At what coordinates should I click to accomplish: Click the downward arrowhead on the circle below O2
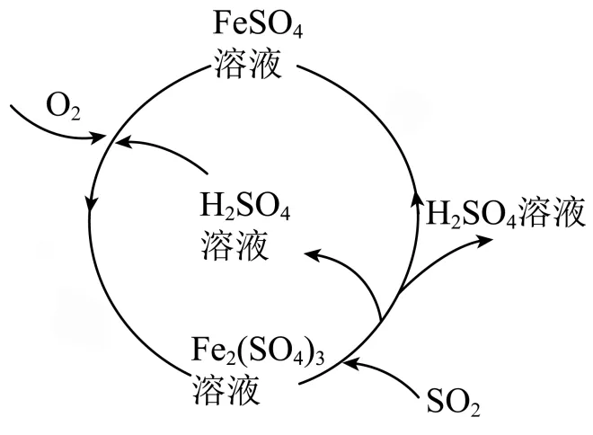(x=91, y=207)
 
